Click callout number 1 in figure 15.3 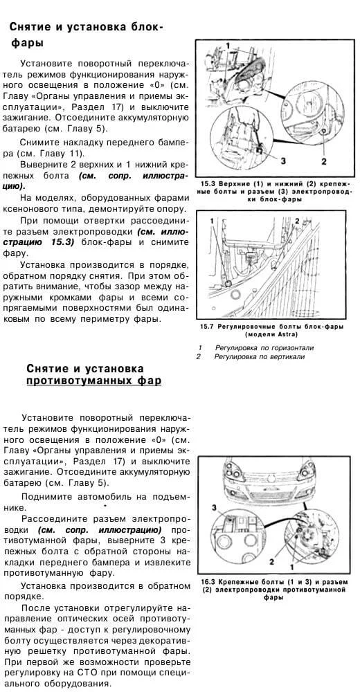[227, 46]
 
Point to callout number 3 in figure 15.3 [282, 161]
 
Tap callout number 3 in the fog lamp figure [214, 507]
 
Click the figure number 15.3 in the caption [211, 183]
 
